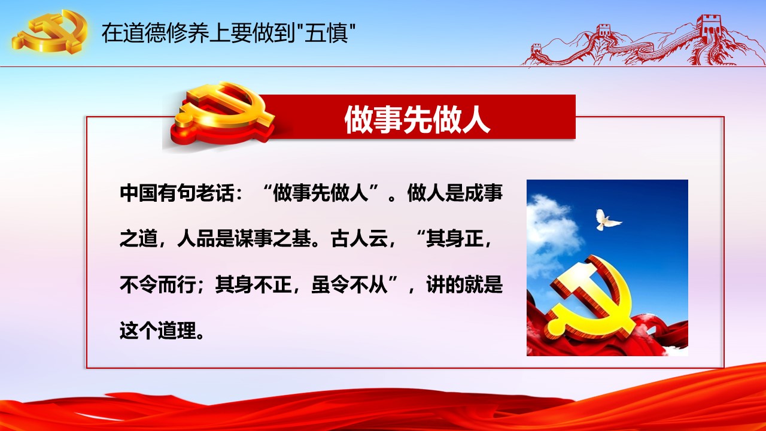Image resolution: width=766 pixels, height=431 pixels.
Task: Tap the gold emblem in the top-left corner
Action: tap(50, 32)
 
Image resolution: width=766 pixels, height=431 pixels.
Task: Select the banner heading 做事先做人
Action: tap(417, 119)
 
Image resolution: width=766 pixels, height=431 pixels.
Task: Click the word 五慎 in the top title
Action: tap(326, 33)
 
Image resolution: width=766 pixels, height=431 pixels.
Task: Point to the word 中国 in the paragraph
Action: tap(138, 193)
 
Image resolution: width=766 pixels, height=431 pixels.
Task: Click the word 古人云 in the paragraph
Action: tap(360, 239)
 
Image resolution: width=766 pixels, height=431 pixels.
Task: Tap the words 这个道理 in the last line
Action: tap(158, 330)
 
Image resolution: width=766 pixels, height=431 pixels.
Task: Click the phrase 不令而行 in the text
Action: tap(157, 284)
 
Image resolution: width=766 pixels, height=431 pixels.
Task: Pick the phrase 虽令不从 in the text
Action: tap(349, 284)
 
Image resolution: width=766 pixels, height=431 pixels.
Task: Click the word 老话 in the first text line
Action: tap(215, 193)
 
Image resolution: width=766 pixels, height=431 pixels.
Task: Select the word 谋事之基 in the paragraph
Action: tap(272, 239)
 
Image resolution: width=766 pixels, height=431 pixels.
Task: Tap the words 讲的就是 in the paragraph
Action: tap(464, 284)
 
